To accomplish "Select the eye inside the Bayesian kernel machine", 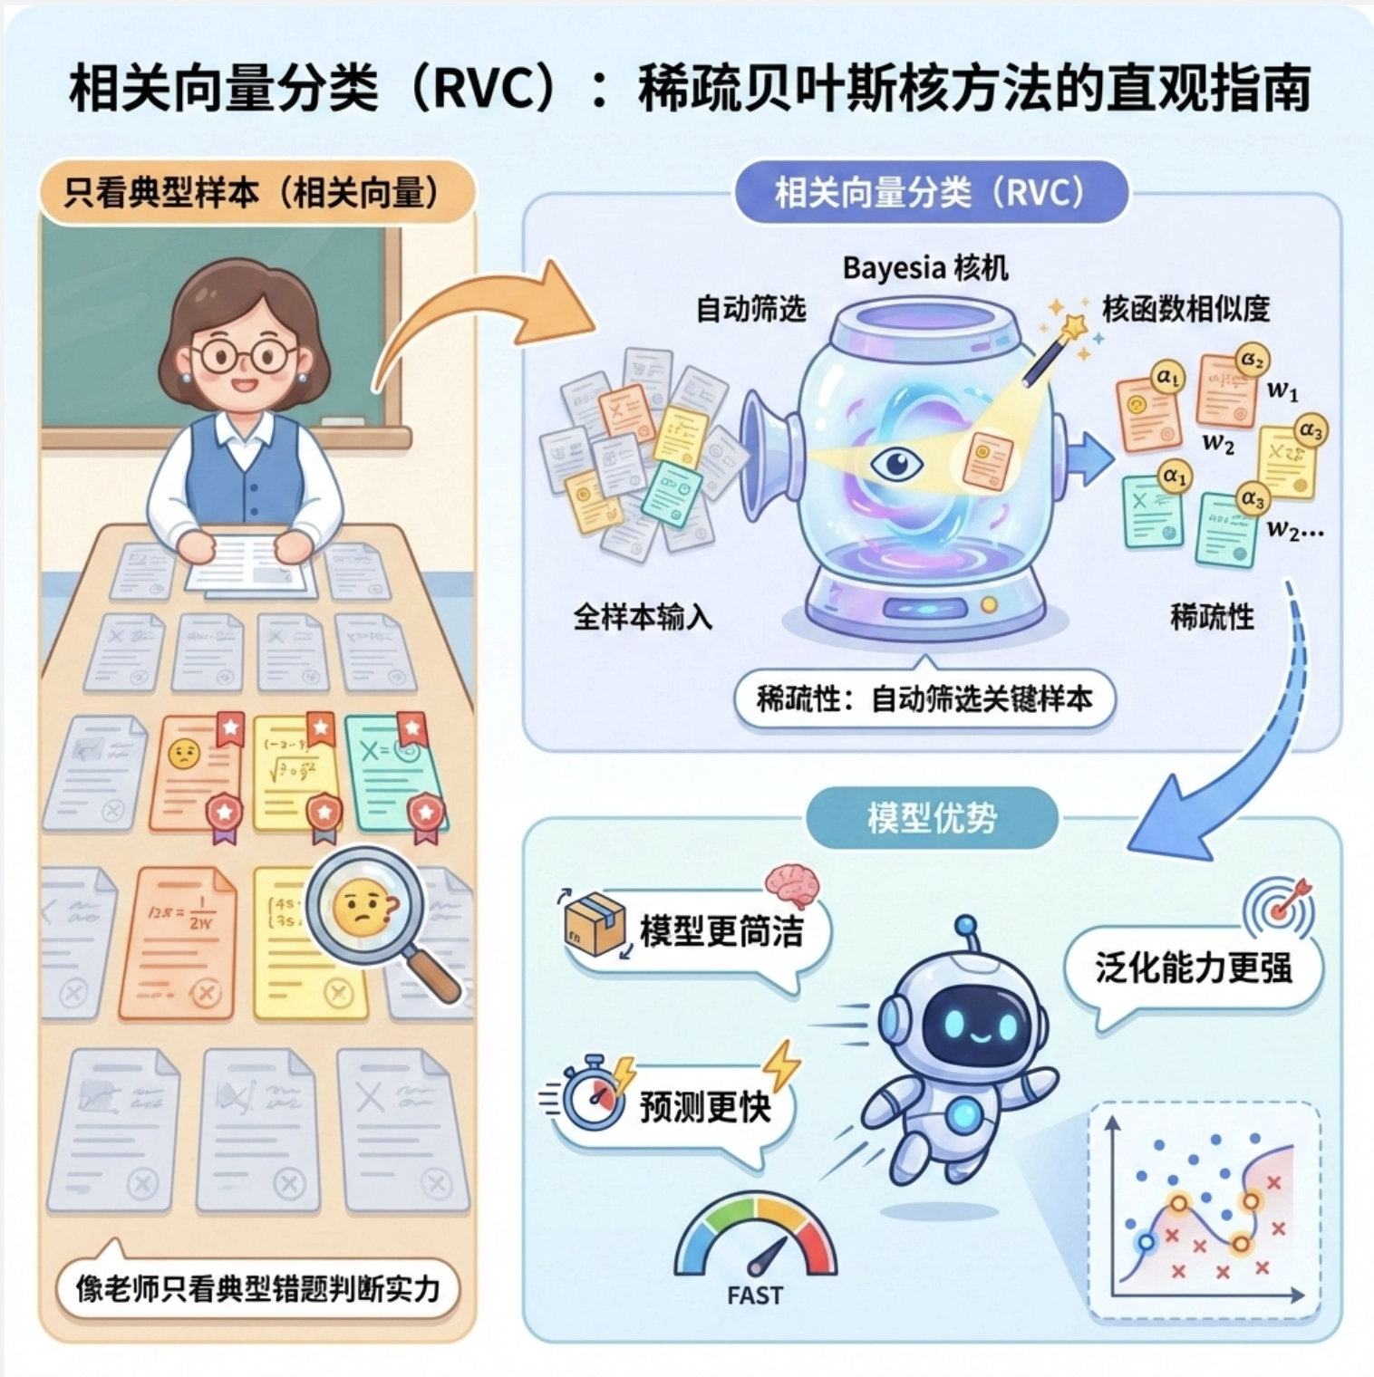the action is click(x=895, y=465).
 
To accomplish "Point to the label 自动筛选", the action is click(x=750, y=310).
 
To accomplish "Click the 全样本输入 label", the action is click(x=642, y=617).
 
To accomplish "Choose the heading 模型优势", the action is click(x=932, y=818).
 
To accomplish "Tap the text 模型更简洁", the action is click(x=721, y=931).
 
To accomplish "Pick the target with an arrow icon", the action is click(x=1280, y=906).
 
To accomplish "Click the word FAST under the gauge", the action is click(x=754, y=1295).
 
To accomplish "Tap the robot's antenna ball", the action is click(x=966, y=925).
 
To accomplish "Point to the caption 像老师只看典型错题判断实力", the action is click(x=258, y=1288).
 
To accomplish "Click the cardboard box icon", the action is click(x=595, y=923).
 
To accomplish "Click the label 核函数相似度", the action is click(x=1185, y=310).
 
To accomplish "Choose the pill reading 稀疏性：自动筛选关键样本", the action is click(x=924, y=699).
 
